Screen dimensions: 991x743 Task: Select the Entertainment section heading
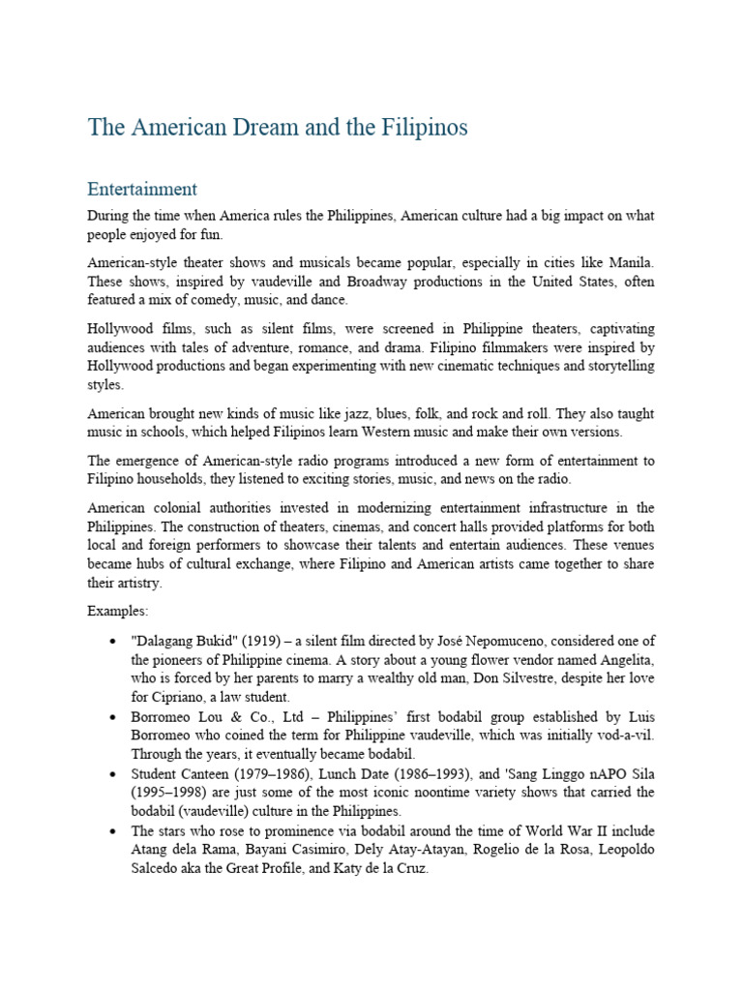click(x=142, y=189)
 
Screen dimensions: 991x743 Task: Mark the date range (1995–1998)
click(x=165, y=792)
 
